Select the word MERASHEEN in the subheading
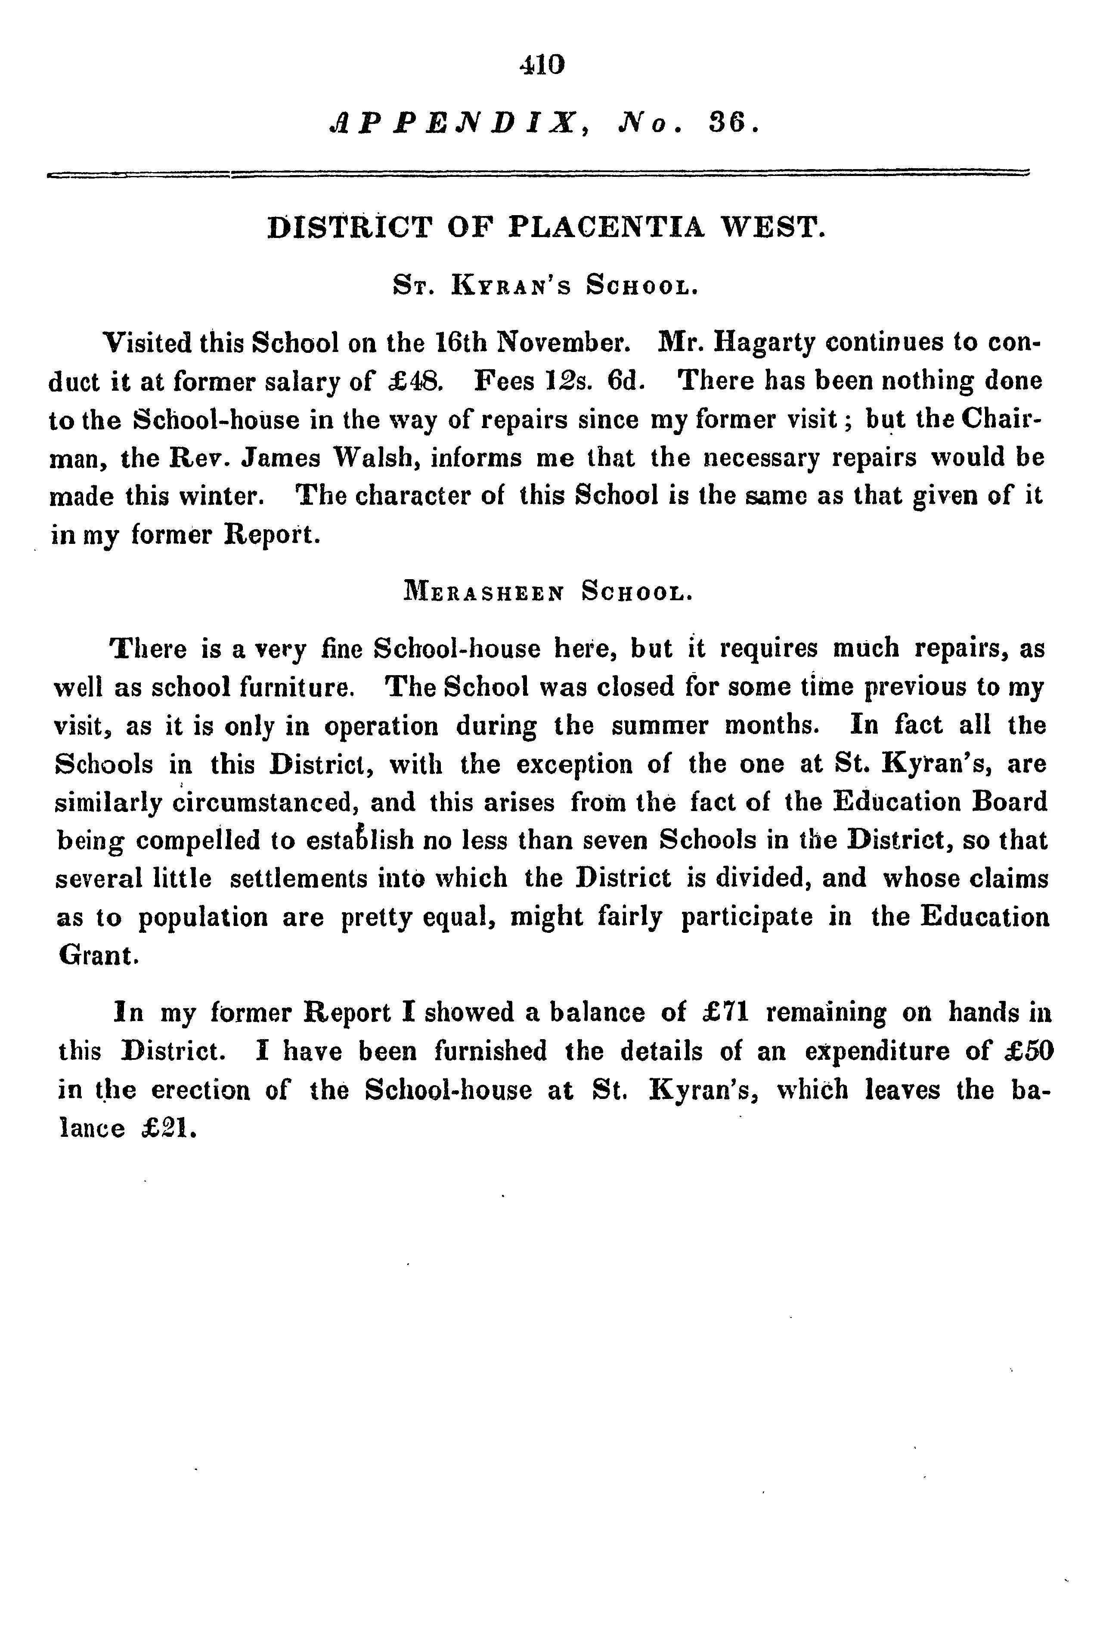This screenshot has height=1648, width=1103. tap(483, 592)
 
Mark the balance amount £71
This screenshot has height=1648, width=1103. tap(727, 1013)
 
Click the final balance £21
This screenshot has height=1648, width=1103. tap(167, 1129)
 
